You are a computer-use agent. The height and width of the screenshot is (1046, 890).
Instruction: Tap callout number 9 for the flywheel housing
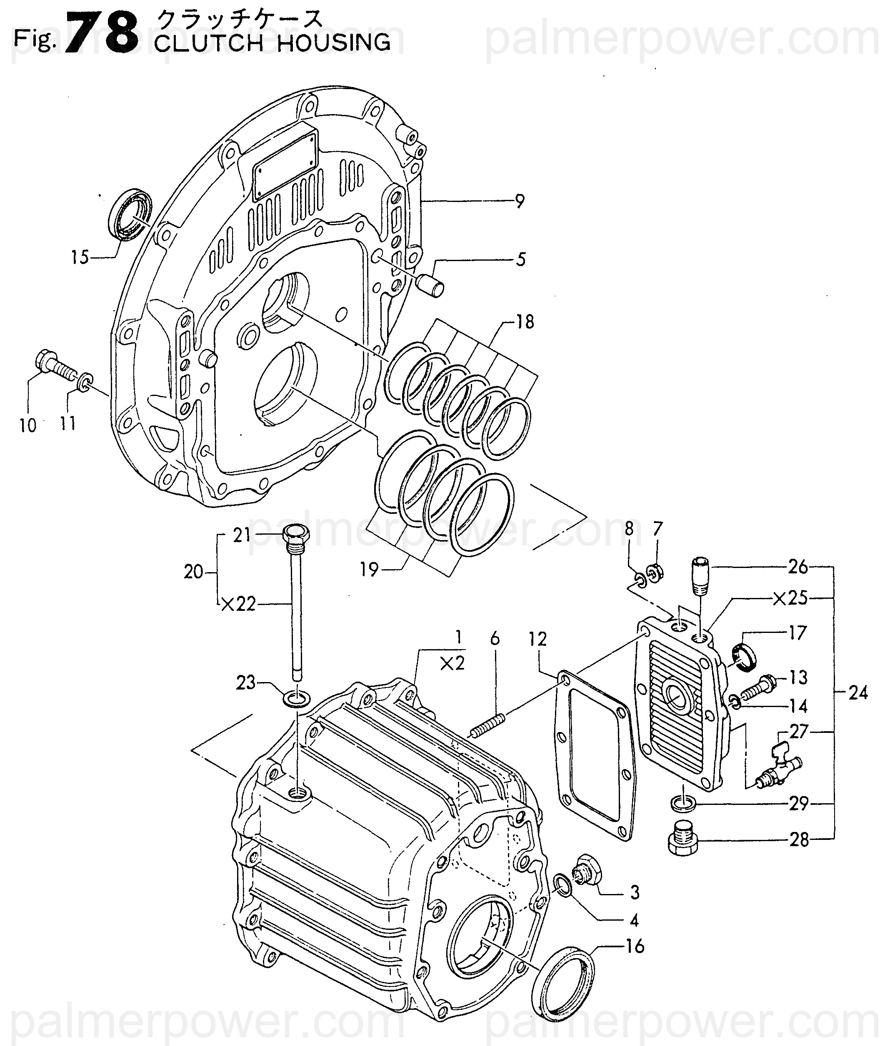pos(520,202)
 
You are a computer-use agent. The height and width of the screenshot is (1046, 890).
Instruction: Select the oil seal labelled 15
pos(130,214)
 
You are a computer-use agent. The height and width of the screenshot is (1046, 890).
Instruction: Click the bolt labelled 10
pos(56,368)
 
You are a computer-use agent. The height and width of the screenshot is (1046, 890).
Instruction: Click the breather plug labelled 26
pos(701,576)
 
